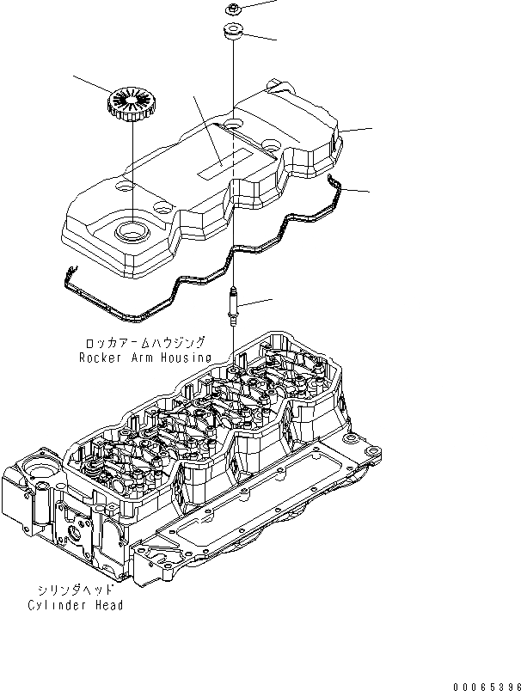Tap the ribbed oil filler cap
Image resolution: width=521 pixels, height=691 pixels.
[x=132, y=104]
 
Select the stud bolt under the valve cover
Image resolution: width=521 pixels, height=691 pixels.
[x=233, y=304]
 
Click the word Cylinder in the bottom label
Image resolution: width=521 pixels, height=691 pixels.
[x=54, y=605]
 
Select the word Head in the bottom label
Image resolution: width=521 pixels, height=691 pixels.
[x=107, y=605]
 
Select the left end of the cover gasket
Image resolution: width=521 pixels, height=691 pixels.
[x=68, y=276]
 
